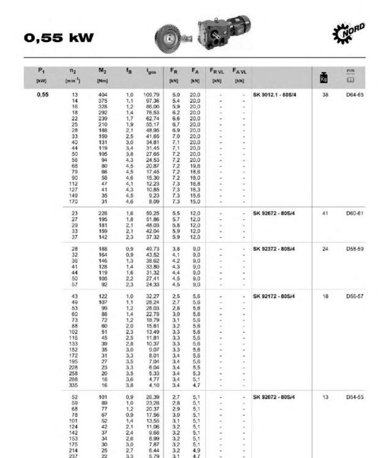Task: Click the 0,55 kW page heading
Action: [59, 38]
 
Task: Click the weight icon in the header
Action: [324, 77]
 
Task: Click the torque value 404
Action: [102, 95]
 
